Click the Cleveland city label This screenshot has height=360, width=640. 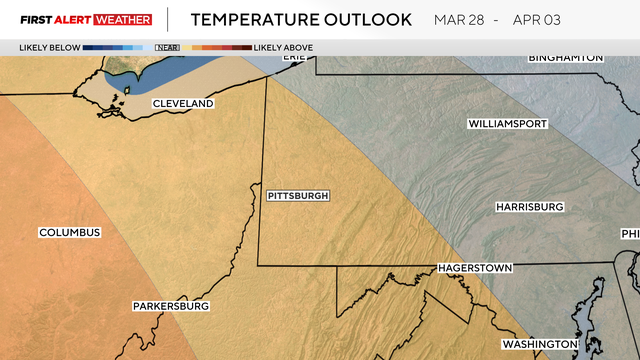click(183, 104)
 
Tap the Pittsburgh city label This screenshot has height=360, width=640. click(298, 196)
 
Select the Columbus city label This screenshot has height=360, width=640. click(70, 233)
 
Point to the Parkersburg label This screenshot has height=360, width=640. click(171, 306)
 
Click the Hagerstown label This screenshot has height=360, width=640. click(475, 269)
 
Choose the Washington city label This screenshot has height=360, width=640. click(539, 344)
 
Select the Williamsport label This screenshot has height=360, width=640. click(507, 124)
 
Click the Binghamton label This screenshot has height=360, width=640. click(566, 58)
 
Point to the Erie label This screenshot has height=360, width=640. click(293, 57)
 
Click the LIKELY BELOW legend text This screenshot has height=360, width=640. click(48, 47)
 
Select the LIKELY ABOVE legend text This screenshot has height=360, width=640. click(283, 47)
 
